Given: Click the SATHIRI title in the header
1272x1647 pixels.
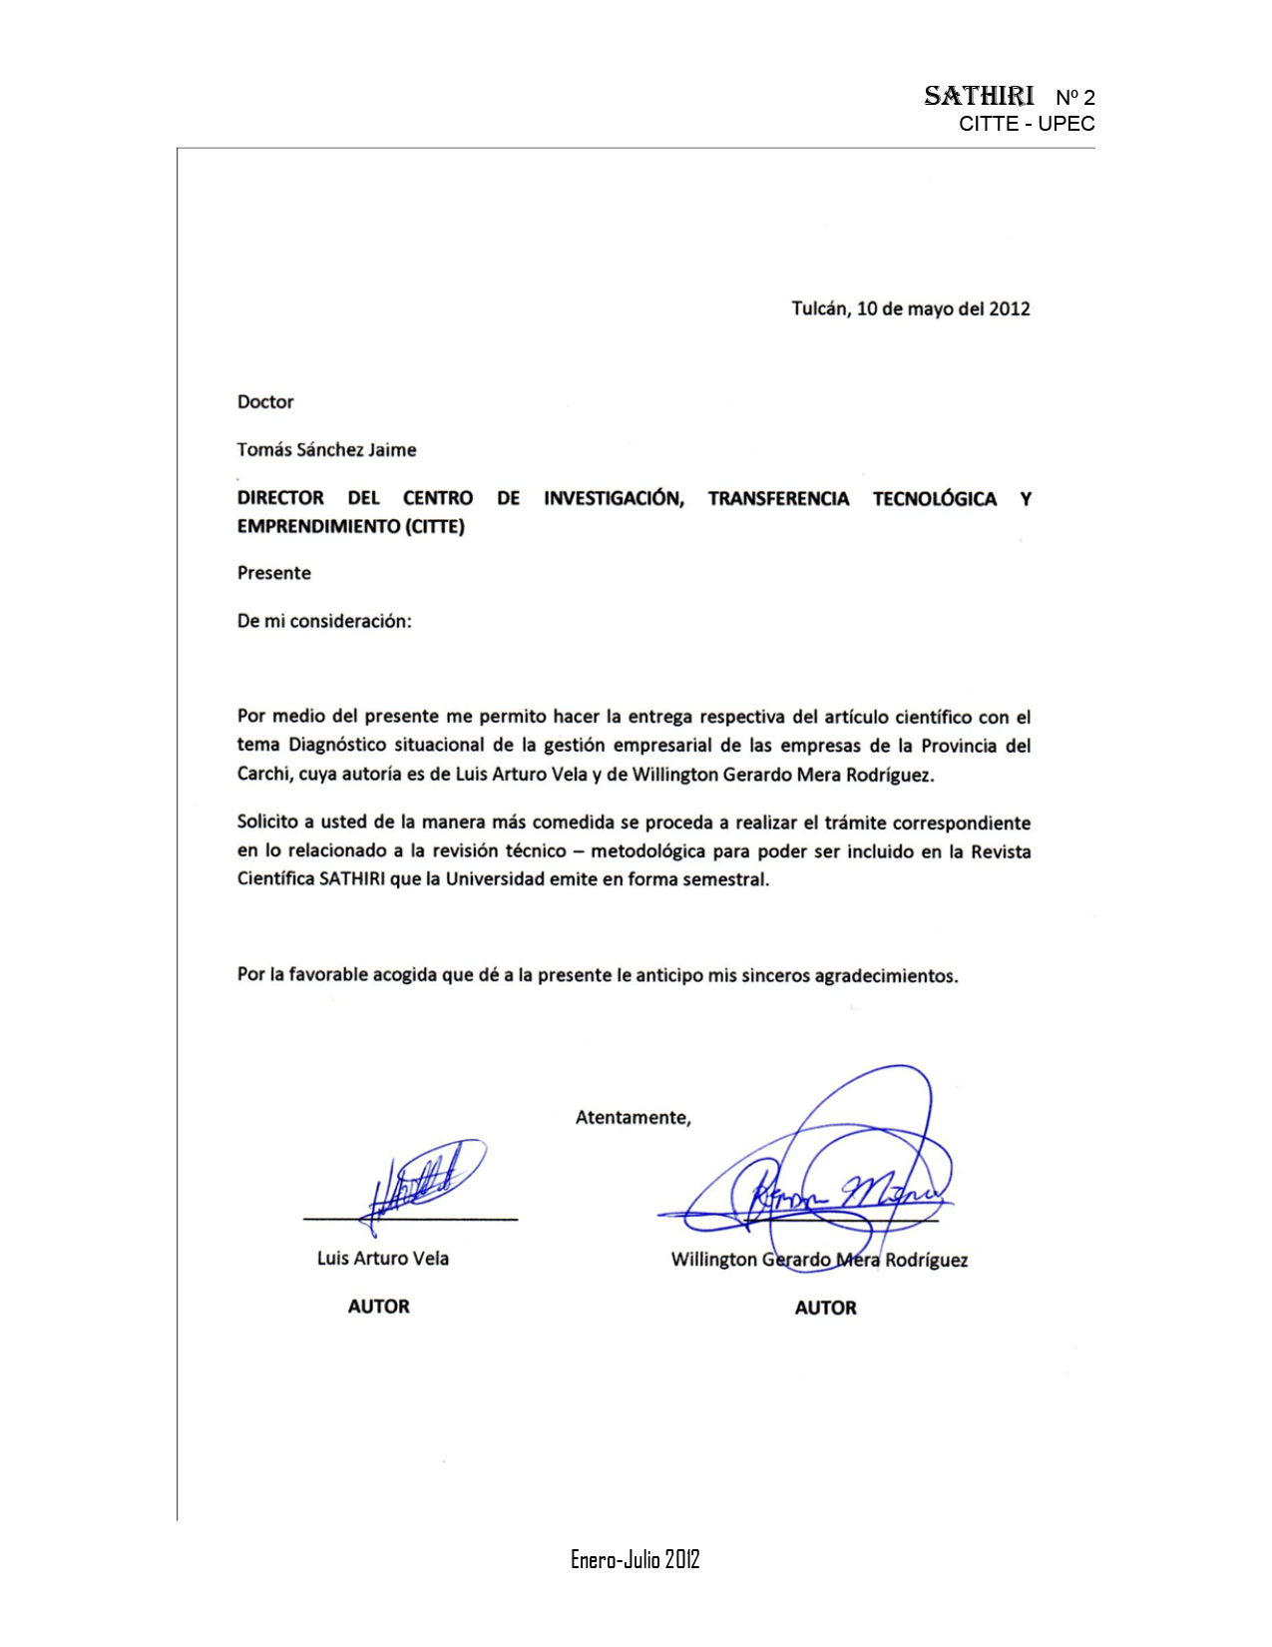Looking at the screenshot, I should point(979,96).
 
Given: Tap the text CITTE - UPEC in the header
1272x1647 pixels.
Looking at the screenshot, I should point(1027,124).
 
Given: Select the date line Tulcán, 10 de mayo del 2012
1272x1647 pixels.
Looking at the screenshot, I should point(910,308).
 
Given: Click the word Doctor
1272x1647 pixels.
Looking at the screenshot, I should point(265,402).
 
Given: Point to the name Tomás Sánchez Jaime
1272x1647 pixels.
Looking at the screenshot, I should point(326,450).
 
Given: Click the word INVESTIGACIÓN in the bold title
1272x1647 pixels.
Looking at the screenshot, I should point(614,498).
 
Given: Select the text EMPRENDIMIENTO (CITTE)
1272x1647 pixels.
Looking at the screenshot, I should point(350,526).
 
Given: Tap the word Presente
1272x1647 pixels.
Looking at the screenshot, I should point(273,573).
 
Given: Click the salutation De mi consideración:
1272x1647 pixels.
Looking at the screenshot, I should point(324,621).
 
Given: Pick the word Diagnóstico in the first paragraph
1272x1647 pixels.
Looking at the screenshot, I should point(336,745).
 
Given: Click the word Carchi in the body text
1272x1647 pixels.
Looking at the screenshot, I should point(262,774).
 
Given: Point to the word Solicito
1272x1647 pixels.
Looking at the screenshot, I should point(267,823).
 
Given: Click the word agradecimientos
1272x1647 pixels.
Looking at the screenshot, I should point(885,976).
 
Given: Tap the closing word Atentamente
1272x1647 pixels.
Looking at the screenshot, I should point(633,1118).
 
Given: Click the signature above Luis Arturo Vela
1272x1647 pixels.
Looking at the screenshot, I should point(424,1183).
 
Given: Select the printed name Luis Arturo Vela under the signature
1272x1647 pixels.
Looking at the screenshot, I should point(382,1259).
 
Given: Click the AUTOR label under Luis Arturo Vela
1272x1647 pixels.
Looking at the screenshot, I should point(378,1307).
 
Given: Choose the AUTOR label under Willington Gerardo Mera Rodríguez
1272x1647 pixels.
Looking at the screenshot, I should point(825,1308).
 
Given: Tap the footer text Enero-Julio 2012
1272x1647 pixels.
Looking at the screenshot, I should point(635,1559).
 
